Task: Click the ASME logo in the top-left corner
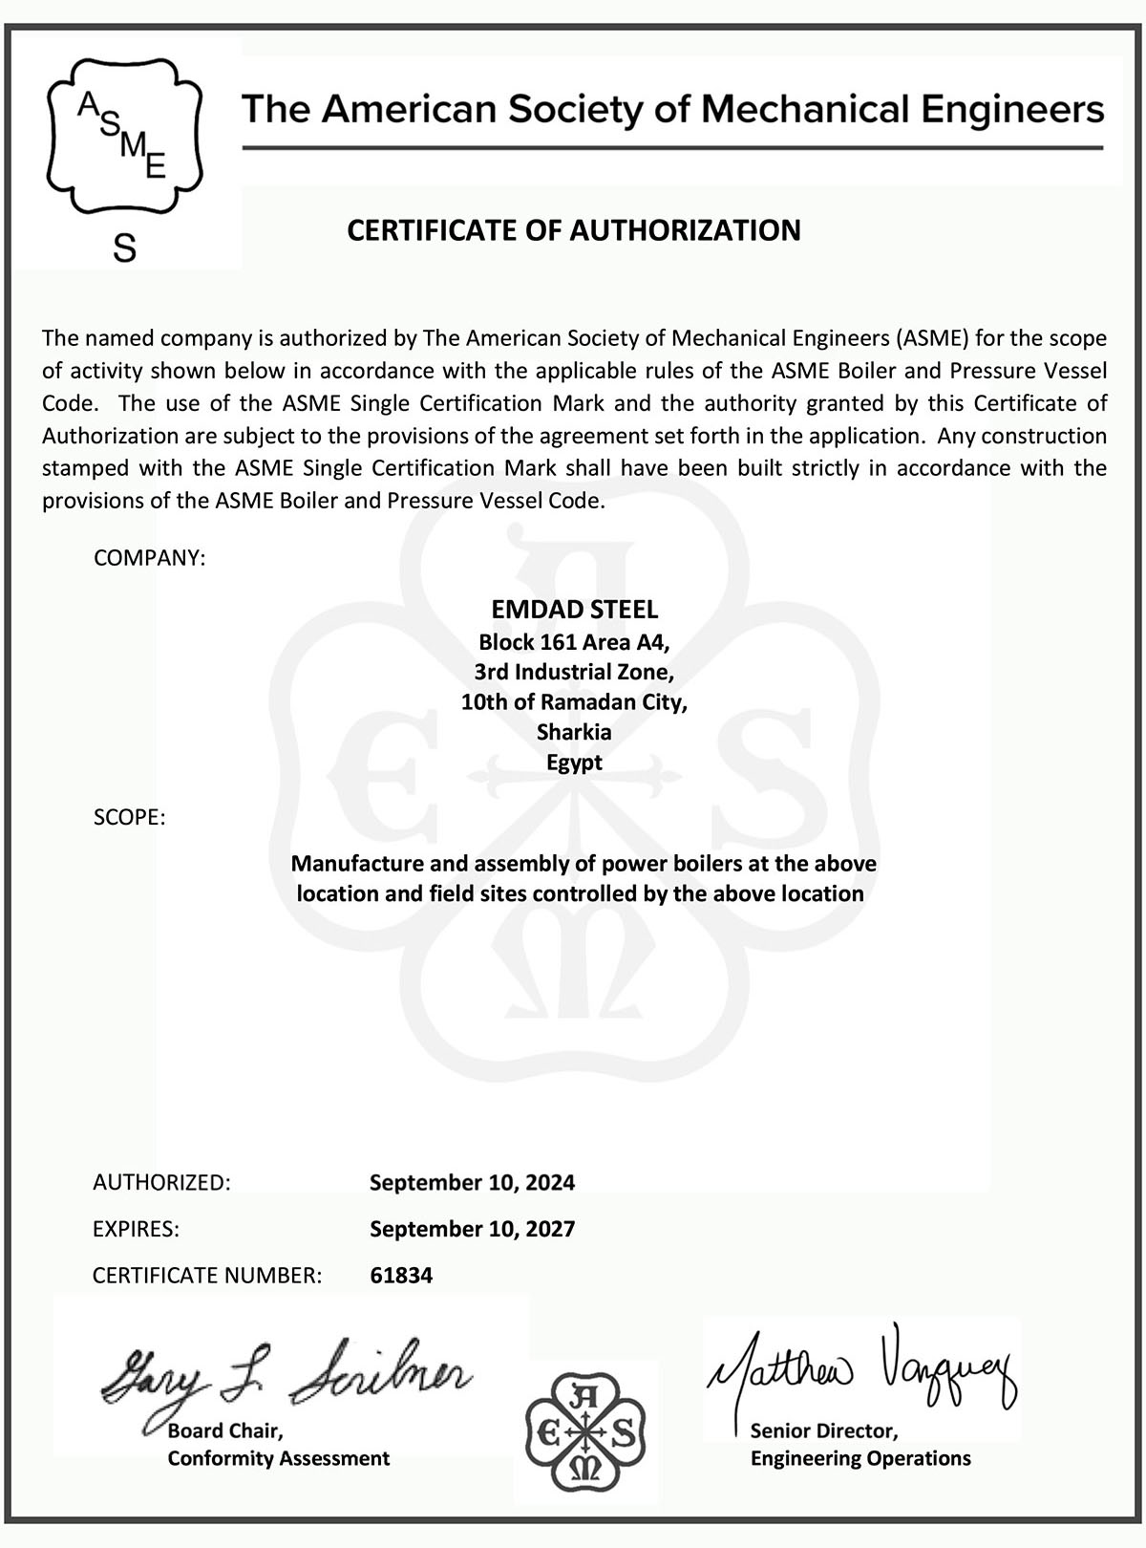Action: tap(125, 134)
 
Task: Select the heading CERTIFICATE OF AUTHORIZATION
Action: tap(573, 230)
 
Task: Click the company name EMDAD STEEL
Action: tap(574, 609)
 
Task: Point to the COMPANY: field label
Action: tap(149, 557)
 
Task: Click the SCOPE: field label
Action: tap(129, 818)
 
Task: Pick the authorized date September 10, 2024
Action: tap(472, 1182)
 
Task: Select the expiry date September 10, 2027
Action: tap(472, 1229)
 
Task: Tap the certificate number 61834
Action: tap(401, 1276)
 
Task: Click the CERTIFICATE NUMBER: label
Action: tap(206, 1276)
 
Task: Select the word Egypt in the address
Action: tap(574, 763)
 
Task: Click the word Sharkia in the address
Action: tap(574, 732)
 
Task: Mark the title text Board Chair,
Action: tap(225, 1430)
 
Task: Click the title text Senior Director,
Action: tap(823, 1430)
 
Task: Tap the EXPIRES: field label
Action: tap(136, 1229)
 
